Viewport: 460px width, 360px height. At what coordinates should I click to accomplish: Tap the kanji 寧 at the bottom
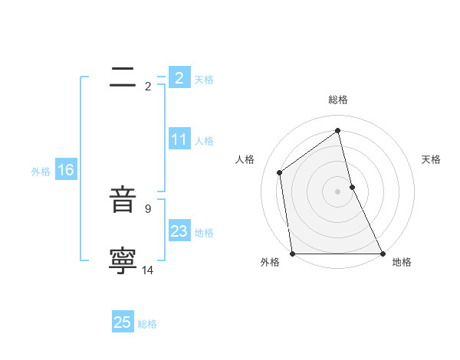(123, 261)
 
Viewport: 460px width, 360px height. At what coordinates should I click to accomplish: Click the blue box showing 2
(179, 78)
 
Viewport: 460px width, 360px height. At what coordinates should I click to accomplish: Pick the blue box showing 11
(179, 140)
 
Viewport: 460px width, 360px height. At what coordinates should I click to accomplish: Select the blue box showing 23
(179, 232)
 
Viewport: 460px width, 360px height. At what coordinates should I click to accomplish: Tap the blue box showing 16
(65, 171)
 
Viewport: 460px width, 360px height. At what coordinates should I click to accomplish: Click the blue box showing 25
(123, 322)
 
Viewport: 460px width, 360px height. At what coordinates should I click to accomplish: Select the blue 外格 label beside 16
(41, 172)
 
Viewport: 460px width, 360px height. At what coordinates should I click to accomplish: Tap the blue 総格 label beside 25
(147, 324)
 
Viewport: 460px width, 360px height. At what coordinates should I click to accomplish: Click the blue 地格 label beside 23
(204, 233)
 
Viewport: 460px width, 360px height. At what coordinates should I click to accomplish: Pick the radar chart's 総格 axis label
(338, 100)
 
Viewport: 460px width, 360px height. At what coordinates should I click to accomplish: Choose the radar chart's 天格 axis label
(431, 159)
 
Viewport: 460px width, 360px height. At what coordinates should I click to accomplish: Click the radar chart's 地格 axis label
(402, 262)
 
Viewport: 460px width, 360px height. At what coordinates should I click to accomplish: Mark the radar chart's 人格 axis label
(245, 159)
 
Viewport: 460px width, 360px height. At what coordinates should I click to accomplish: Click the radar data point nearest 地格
(382, 254)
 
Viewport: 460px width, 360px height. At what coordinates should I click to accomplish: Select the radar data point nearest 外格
(292, 254)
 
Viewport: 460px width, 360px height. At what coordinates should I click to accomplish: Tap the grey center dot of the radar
(337, 191)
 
